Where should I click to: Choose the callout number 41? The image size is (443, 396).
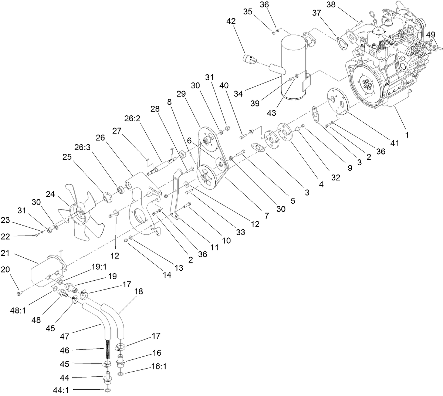tap(395, 143)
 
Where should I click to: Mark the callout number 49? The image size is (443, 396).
tap(431, 35)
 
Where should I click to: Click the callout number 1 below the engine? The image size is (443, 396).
tap(407, 135)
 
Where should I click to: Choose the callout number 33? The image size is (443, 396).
tap(241, 232)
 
